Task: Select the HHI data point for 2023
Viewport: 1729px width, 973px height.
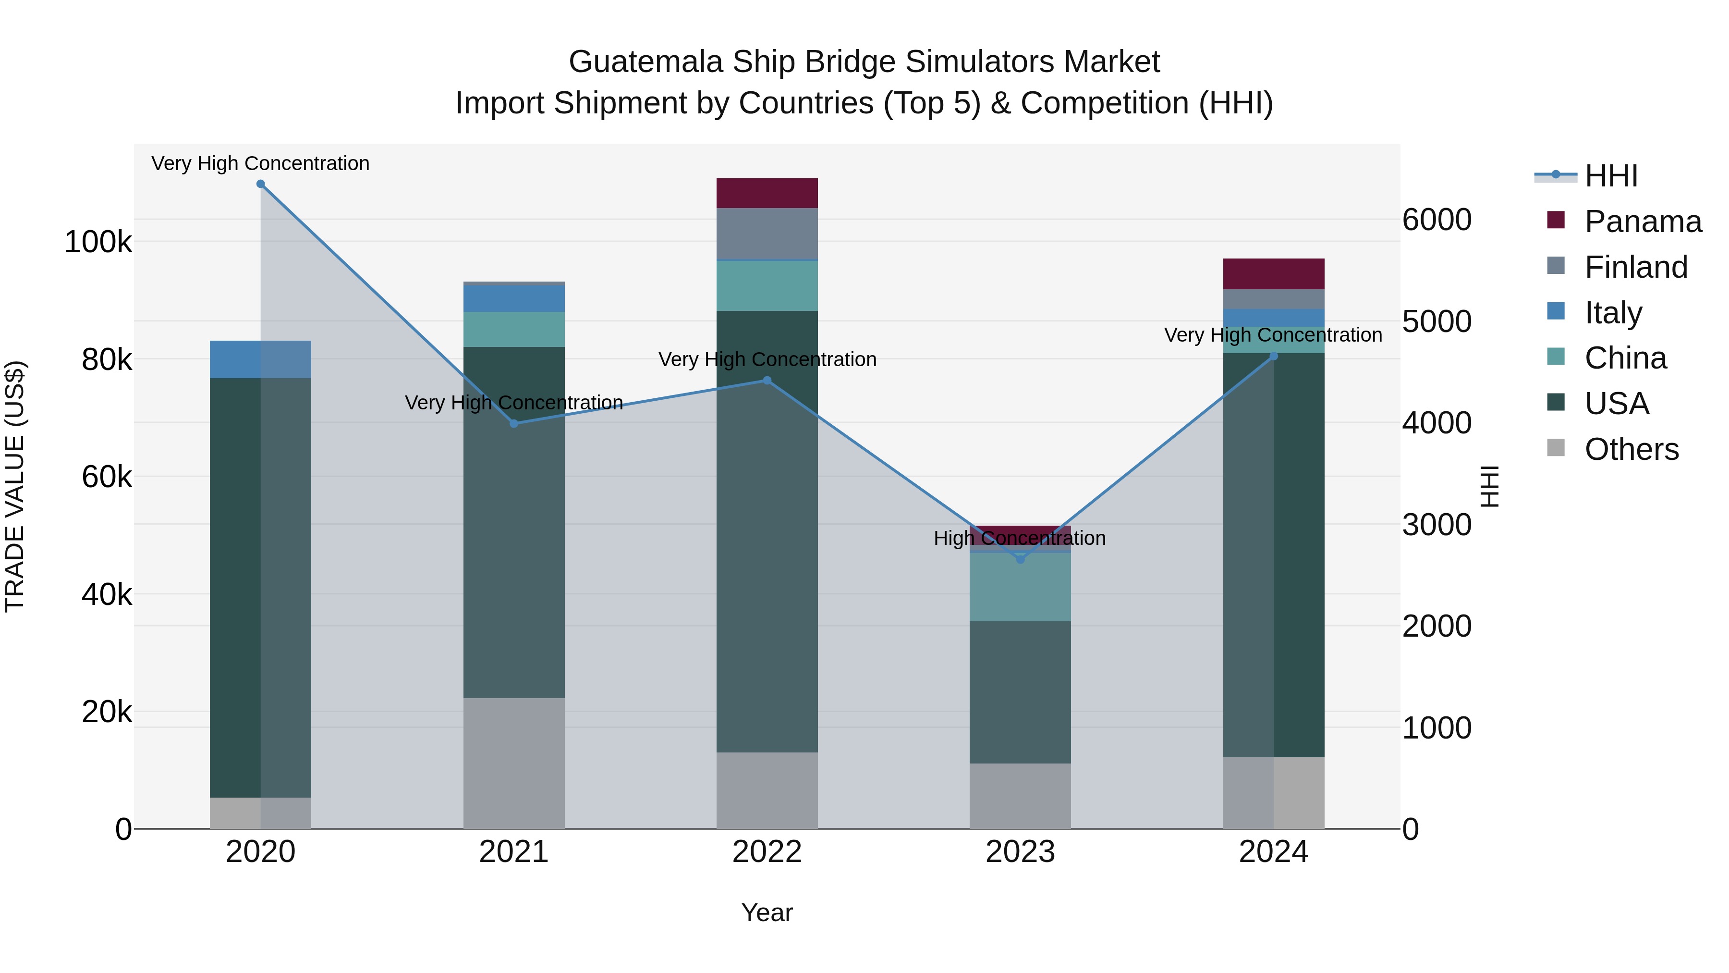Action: (1020, 559)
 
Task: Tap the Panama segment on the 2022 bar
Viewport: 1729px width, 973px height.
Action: (767, 193)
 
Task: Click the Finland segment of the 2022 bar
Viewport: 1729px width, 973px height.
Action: (767, 233)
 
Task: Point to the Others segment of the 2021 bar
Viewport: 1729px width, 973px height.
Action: (513, 763)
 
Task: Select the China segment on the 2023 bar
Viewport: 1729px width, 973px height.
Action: (1020, 587)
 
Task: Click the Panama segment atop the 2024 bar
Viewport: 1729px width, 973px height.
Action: (1273, 274)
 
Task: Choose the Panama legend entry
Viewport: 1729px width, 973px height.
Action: (1643, 222)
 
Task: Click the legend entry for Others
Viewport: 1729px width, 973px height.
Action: (1631, 449)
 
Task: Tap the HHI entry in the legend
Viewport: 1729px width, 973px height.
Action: (1611, 176)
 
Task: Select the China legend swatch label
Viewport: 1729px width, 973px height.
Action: (1625, 358)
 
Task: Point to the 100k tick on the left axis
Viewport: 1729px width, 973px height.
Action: (98, 242)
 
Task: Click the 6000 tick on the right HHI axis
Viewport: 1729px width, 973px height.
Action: (1437, 220)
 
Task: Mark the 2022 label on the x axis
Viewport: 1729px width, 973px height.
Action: (767, 852)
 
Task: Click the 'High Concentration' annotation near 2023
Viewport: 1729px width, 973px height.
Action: (1020, 539)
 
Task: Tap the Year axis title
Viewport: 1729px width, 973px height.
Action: (767, 912)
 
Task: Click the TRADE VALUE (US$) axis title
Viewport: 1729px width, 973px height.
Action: (15, 486)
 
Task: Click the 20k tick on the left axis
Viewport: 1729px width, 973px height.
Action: (106, 712)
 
